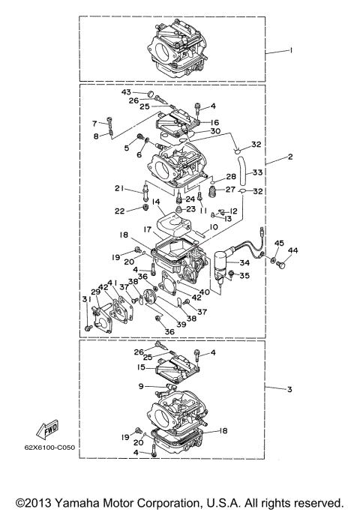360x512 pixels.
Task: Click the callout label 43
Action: tap(127, 91)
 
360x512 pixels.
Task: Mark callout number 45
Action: tap(278, 243)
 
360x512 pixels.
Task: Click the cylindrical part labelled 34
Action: tap(220, 262)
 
